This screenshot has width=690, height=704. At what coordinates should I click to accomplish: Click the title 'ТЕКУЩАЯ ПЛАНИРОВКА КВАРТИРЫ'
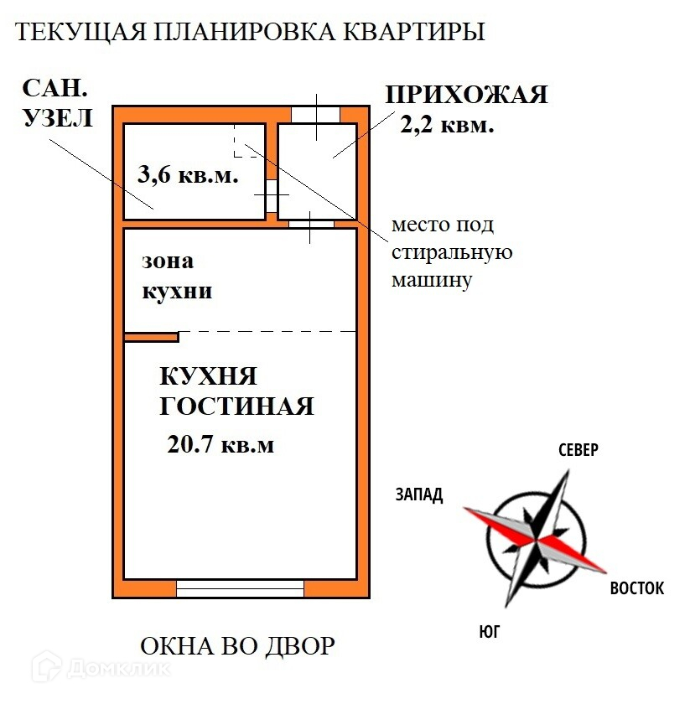pyautogui.click(x=251, y=33)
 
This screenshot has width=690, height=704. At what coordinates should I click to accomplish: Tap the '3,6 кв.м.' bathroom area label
pyautogui.click(x=189, y=176)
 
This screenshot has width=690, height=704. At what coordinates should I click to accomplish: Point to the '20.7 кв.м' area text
pyautogui.click(x=220, y=444)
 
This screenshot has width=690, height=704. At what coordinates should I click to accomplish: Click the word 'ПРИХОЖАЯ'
pyautogui.click(x=466, y=94)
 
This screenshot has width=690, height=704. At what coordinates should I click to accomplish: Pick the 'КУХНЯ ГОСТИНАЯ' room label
pyautogui.click(x=236, y=391)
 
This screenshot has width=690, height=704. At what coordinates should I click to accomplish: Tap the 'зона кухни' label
pyautogui.click(x=176, y=277)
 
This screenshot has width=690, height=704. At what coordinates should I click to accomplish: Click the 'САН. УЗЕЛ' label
pyautogui.click(x=57, y=102)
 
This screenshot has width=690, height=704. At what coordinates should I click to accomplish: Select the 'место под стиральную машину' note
pyautogui.click(x=451, y=252)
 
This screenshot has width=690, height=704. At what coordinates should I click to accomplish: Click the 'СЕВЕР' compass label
pyautogui.click(x=578, y=450)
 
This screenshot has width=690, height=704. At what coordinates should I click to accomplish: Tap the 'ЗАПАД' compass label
pyautogui.click(x=418, y=494)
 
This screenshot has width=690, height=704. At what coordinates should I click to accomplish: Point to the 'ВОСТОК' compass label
pyautogui.click(x=636, y=588)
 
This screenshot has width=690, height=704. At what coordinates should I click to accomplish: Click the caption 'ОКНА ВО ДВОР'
pyautogui.click(x=237, y=646)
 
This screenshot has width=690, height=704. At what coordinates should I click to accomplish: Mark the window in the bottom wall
pyautogui.click(x=240, y=588)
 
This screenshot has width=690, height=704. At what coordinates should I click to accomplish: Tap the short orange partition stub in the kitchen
pyautogui.click(x=152, y=337)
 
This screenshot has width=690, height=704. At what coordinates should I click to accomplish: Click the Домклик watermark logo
pyautogui.click(x=101, y=669)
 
